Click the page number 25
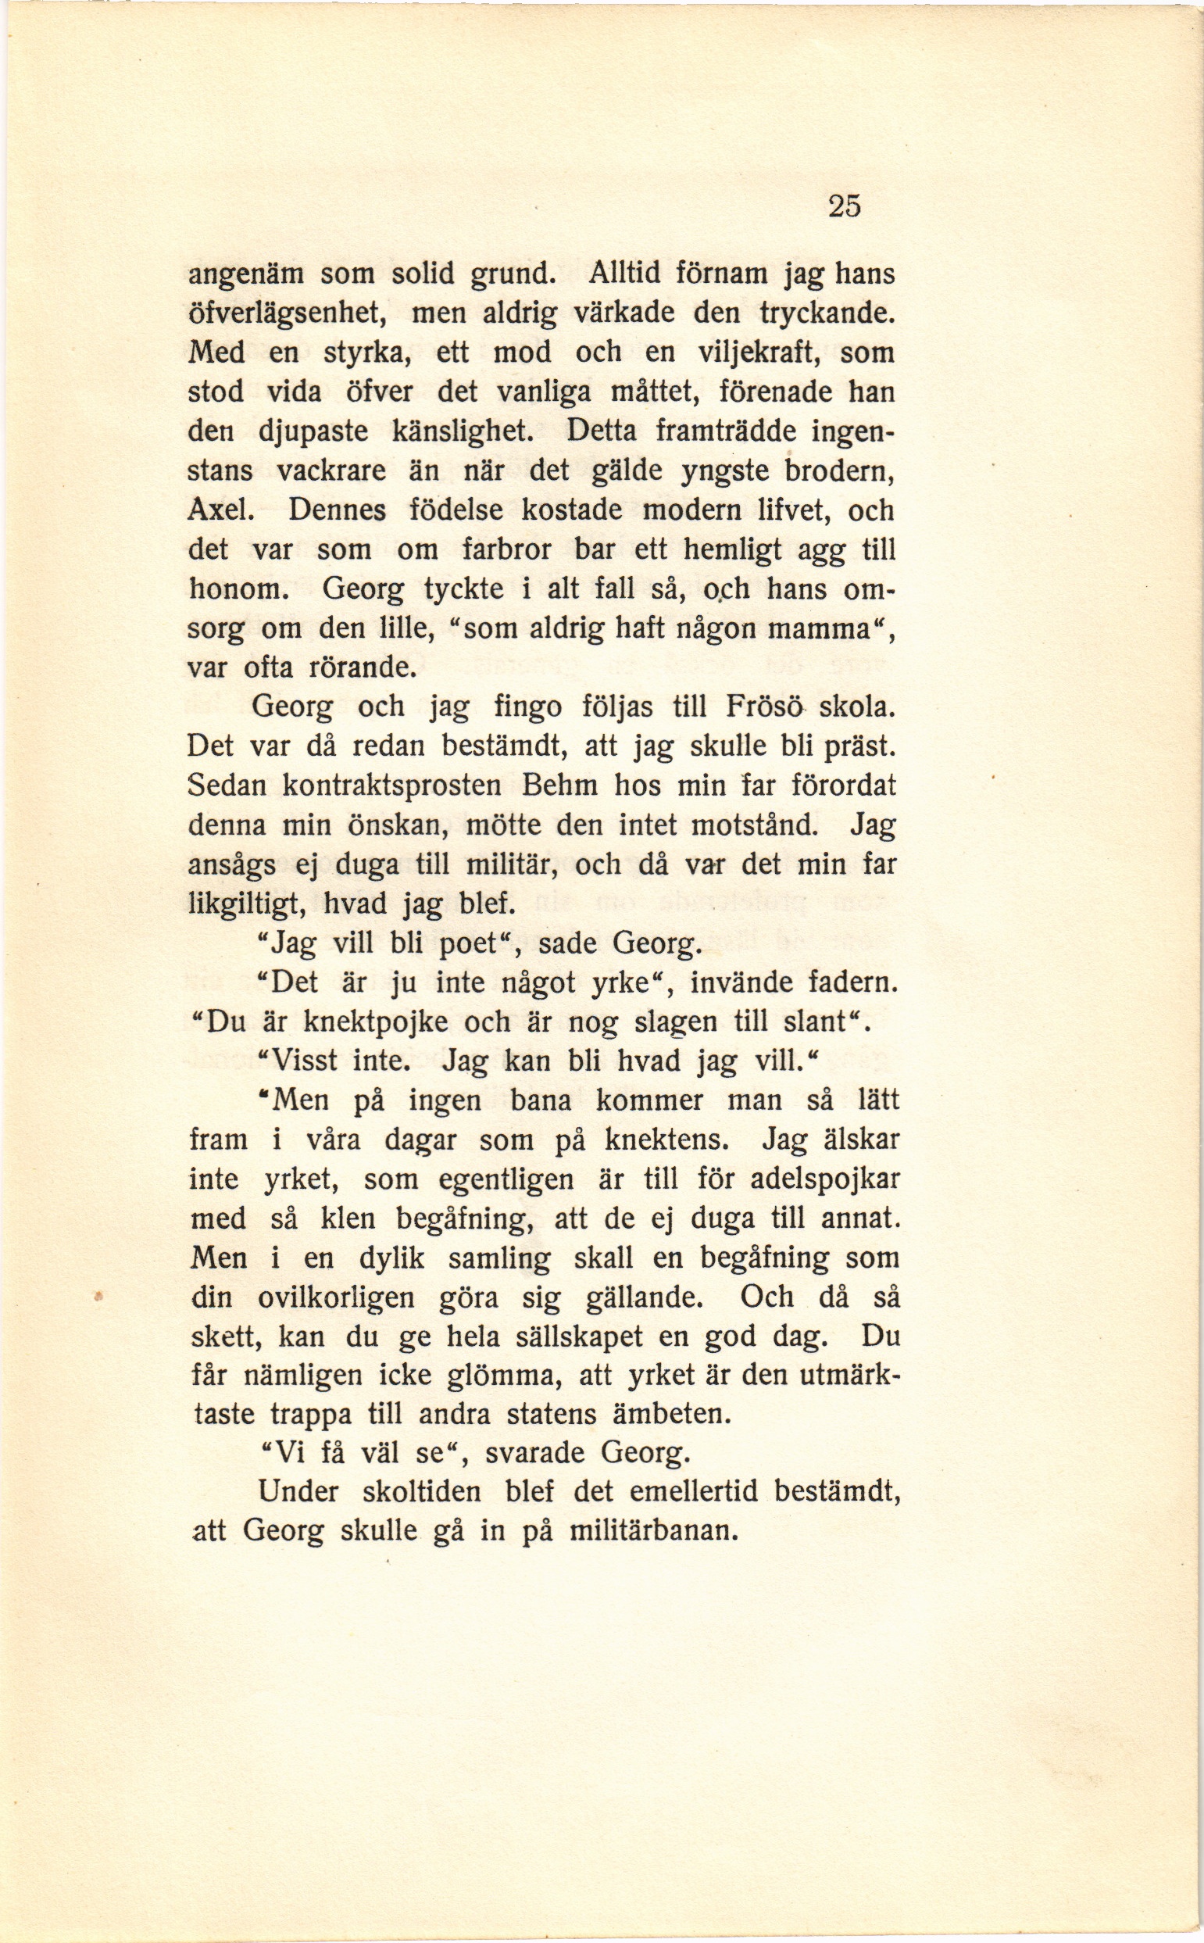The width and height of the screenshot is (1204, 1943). click(x=844, y=206)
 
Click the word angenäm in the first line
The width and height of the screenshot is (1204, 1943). click(x=242, y=276)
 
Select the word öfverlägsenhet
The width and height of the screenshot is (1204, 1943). click(x=287, y=314)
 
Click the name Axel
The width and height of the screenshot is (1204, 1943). click(x=220, y=510)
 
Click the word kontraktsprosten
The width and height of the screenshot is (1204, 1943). click(x=392, y=786)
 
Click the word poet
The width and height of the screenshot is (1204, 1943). click(x=473, y=944)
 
